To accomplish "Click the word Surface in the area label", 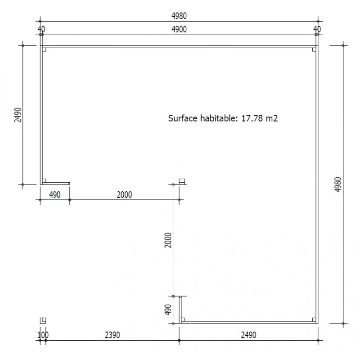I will point(182,119).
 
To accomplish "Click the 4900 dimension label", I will point(179,29).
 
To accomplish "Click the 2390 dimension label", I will point(112,335).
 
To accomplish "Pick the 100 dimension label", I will point(43,335).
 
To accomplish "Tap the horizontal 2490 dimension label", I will point(248,335).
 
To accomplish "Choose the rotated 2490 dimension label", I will point(17,115).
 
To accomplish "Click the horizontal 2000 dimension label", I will point(124,194).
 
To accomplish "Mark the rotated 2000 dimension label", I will point(168,240).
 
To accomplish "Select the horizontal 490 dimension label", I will point(54,194).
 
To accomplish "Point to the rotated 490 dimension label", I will point(168,310).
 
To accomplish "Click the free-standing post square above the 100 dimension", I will point(43,320).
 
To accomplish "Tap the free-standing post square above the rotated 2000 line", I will point(182,181).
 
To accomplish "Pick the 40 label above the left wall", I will point(41,29).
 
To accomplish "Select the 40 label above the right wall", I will point(317,29).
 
